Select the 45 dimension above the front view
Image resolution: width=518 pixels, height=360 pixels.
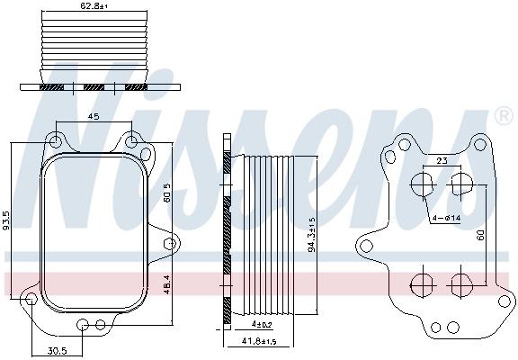93,116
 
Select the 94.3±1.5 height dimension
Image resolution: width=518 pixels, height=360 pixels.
311,234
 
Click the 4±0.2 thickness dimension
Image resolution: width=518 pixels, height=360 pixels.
262,324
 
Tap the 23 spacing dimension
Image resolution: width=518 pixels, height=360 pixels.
442,160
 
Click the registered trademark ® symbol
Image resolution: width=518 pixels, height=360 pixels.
504,116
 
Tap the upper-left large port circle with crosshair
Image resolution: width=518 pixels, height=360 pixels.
422,185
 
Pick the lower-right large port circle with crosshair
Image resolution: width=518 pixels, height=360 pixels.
460,284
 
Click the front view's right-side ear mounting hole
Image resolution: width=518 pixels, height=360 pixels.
169,243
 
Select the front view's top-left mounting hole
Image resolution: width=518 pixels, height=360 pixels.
56,140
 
